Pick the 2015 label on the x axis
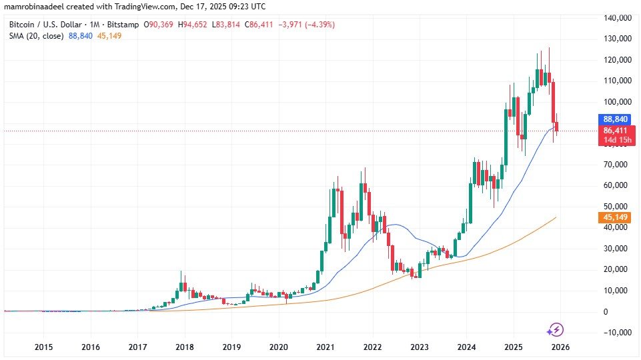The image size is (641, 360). [x=43, y=347]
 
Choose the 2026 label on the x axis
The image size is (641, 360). [x=561, y=347]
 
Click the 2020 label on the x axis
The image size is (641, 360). [x=278, y=347]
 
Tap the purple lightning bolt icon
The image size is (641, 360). [x=555, y=329]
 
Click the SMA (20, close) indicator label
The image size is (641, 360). [x=37, y=35]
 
